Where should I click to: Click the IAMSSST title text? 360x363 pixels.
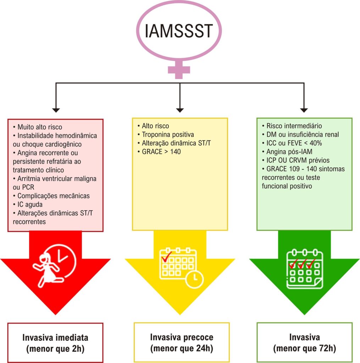[178, 31]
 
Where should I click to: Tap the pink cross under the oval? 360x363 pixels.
[179, 69]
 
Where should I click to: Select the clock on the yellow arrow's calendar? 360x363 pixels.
[194, 280]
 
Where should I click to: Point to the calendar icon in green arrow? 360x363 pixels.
[305, 269]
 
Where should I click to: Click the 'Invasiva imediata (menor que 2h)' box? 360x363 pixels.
[55, 343]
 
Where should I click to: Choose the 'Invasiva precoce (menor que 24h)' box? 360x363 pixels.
[182, 342]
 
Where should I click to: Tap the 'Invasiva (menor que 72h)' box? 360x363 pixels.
[304, 342]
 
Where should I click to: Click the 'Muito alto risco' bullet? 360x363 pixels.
[38, 127]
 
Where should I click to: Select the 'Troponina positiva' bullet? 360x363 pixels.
[166, 134]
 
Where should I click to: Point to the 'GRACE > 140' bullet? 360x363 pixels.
[159, 152]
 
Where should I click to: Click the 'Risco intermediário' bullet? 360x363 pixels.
[292, 126]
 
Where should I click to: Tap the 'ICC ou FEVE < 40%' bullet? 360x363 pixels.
[292, 143]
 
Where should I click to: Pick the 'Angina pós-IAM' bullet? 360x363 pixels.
[287, 152]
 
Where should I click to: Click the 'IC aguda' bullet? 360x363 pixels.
[28, 205]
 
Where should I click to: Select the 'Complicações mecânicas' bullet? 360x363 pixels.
[51, 196]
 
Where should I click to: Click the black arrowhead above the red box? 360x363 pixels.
[56, 110]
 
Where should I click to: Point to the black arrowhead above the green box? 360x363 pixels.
[304, 110]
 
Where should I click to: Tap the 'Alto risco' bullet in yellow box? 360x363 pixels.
[153, 126]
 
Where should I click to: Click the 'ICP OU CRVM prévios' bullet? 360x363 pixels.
[295, 160]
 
